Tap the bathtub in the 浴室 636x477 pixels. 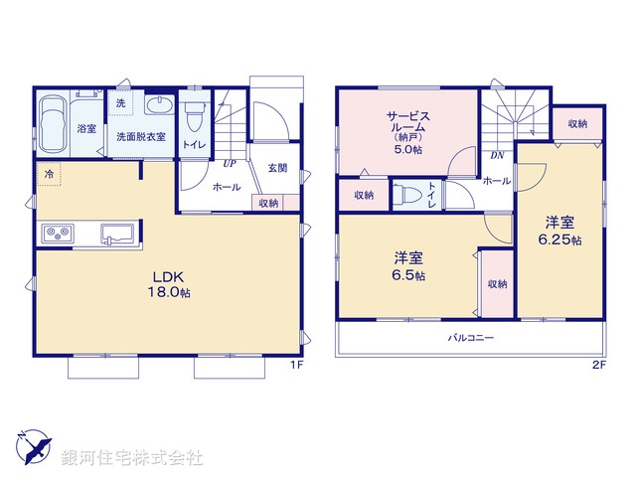54,126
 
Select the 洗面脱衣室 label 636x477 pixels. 140,135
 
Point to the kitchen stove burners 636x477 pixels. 56,234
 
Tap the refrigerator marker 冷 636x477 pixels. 48,174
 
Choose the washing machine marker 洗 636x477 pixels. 120,104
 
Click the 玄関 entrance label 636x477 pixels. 278,168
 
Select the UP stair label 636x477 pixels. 229,163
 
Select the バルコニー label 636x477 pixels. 470,338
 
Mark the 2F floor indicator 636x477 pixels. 598,365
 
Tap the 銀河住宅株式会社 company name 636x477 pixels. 132,458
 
